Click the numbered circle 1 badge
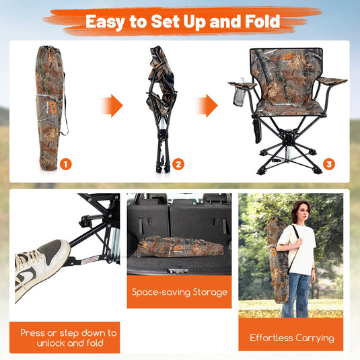pyautogui.click(x=65, y=164)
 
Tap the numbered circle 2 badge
pyautogui.click(x=178, y=164)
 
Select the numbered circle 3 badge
pyautogui.click(x=328, y=164)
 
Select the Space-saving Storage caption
pyautogui.click(x=179, y=292)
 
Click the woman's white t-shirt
pyautogui.click(x=303, y=249)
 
